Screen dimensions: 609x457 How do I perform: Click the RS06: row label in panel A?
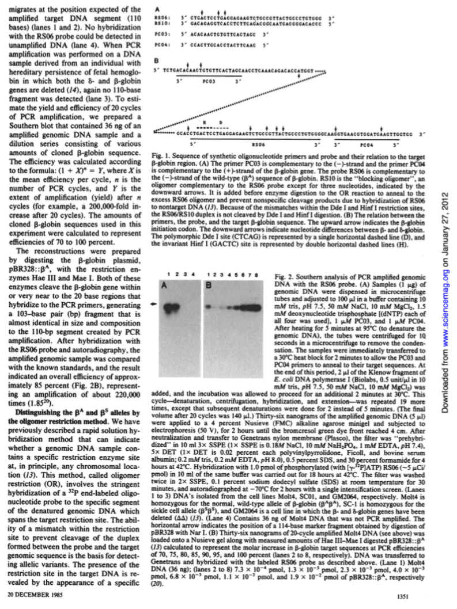point(162,19)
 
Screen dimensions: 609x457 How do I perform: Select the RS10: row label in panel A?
point(162,25)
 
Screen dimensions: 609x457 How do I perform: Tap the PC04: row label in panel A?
point(162,44)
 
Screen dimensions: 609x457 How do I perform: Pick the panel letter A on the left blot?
point(165,285)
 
